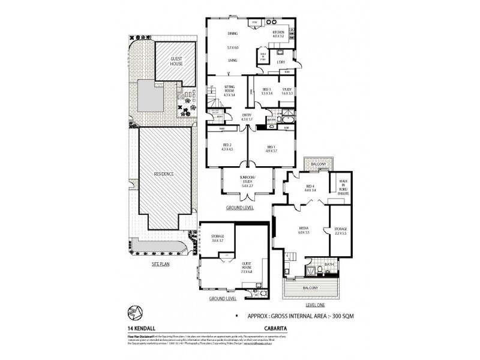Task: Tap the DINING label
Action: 233,33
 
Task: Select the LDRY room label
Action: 281,61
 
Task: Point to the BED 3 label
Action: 266,91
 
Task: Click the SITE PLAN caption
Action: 164,263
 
